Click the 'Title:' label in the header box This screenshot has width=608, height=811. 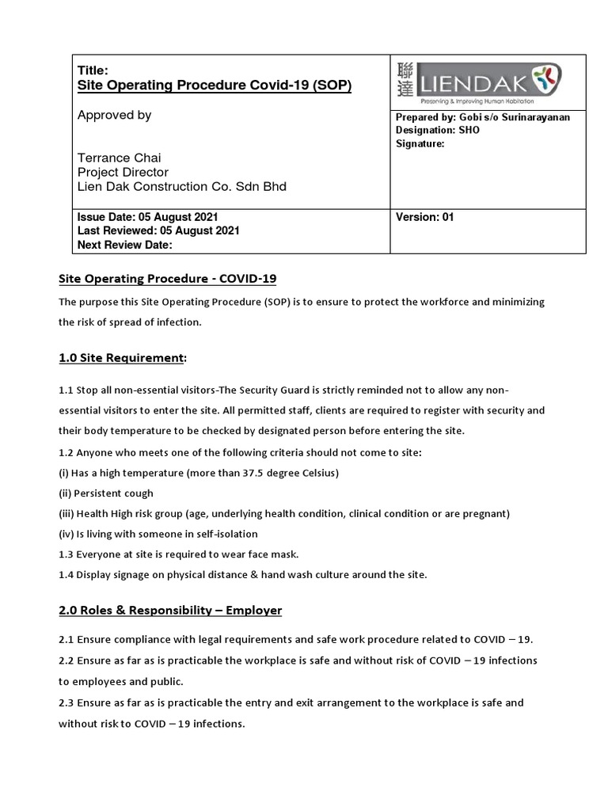93,70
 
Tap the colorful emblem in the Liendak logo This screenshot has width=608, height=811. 547,78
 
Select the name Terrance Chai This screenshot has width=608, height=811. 119,158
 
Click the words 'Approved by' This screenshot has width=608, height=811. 114,116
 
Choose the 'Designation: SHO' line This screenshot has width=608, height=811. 437,130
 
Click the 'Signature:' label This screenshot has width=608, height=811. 420,143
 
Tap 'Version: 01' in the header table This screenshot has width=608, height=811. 424,217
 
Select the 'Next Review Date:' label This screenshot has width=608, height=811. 124,245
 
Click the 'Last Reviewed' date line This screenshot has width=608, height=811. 158,230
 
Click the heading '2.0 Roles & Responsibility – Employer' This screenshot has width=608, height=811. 171,611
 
